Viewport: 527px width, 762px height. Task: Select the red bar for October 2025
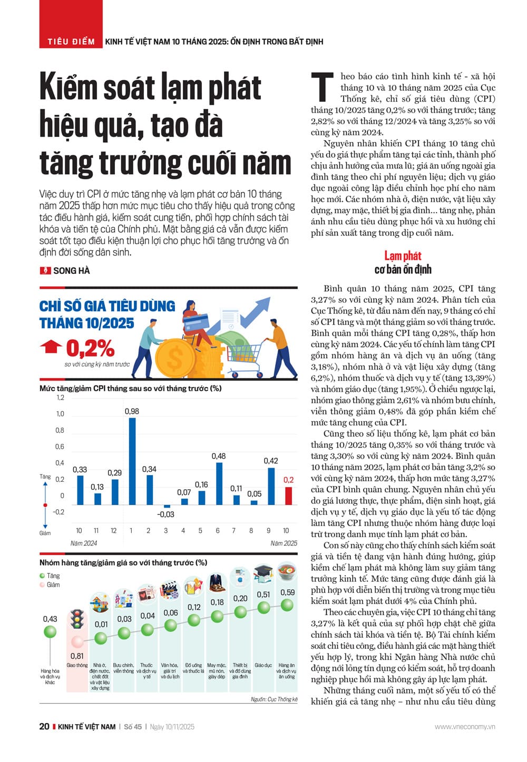pyautogui.click(x=288, y=496)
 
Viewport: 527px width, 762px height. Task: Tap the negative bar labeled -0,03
pyautogui.click(x=167, y=506)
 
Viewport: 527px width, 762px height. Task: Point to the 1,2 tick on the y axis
pyautogui.click(x=60, y=398)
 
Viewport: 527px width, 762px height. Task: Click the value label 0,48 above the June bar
pyautogui.click(x=219, y=456)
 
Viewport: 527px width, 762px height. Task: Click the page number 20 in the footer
pyautogui.click(x=44, y=726)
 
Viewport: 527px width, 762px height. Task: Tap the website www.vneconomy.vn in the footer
pyautogui.click(x=465, y=727)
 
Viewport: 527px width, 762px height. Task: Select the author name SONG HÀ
pyautogui.click(x=71, y=271)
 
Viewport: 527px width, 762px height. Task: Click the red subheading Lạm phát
pyautogui.click(x=403, y=256)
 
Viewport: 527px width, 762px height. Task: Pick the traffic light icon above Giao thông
pyautogui.click(x=77, y=619)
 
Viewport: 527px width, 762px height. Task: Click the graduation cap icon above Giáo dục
pyautogui.click(x=263, y=573)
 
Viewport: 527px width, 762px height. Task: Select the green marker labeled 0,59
pyautogui.click(x=287, y=605)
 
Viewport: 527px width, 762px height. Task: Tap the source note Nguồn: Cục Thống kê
pyautogui.click(x=274, y=699)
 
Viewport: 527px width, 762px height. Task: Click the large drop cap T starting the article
pyautogui.click(x=322, y=88)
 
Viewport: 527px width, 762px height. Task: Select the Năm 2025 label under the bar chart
pyautogui.click(x=284, y=543)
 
